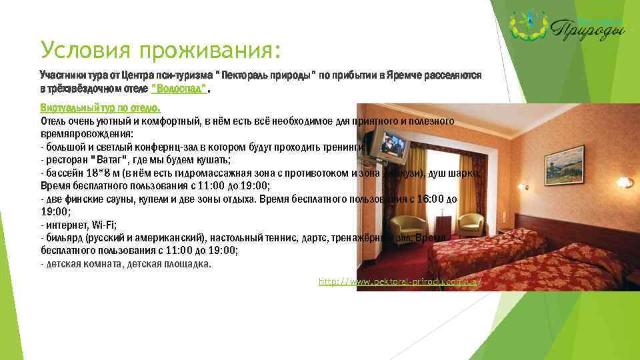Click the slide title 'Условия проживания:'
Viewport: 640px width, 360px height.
coord(161,50)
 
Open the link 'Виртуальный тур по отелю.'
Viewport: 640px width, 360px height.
coord(101,107)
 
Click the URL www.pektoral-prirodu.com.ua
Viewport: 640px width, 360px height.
coord(400,283)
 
